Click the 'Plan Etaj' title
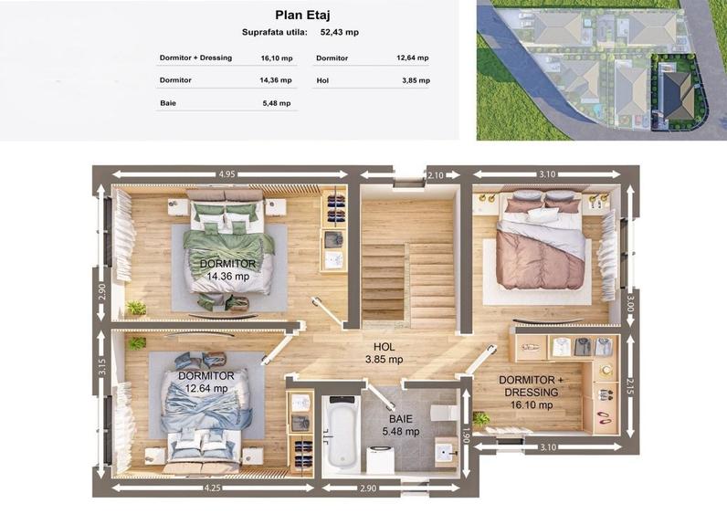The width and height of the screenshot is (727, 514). click(302, 15)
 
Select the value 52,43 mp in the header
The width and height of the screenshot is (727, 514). click(340, 33)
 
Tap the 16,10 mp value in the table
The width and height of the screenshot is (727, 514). click(277, 58)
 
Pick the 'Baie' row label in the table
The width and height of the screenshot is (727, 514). click(168, 103)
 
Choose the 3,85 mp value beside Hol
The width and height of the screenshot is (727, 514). click(416, 80)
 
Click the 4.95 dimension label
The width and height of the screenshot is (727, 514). click(227, 174)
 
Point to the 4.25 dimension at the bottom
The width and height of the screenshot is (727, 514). click(213, 488)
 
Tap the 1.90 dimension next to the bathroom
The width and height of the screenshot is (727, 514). click(467, 435)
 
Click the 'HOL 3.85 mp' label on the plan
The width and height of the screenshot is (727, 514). click(385, 352)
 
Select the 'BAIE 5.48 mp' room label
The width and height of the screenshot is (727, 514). click(401, 425)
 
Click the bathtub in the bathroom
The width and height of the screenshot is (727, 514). click(342, 433)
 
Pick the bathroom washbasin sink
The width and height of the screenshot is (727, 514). click(447, 450)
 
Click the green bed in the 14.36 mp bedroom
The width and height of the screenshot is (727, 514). click(228, 246)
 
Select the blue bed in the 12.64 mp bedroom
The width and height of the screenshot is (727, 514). click(205, 408)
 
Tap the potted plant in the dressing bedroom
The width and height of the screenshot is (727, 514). click(480, 419)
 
